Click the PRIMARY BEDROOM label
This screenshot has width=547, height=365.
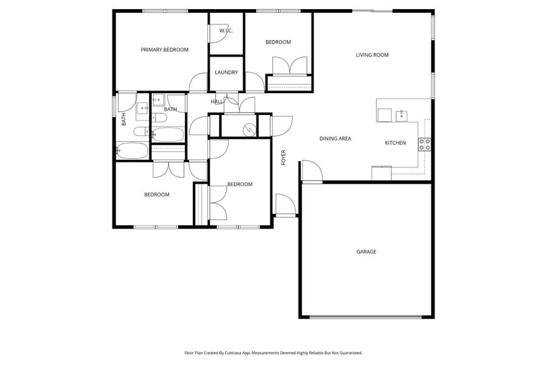click(164, 50)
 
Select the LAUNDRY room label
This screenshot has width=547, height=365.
click(226, 72)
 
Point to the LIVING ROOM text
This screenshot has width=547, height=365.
click(372, 55)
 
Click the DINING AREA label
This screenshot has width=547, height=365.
click(335, 139)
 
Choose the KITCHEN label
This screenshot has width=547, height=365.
click(395, 143)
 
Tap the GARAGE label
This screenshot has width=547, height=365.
click(366, 251)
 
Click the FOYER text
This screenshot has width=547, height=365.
click(283, 158)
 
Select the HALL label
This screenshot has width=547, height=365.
click(216, 102)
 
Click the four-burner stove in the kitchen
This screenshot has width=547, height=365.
click(424, 145)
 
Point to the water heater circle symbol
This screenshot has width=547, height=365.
click(248, 129)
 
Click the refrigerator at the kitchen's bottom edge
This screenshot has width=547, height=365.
click(382, 173)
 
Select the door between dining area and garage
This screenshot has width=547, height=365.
click(311, 171)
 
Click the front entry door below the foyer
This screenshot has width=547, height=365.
click(284, 205)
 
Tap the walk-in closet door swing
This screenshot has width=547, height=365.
click(218, 35)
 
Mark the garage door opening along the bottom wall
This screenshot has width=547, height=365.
click(366, 317)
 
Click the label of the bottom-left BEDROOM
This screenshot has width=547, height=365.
click(156, 195)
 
